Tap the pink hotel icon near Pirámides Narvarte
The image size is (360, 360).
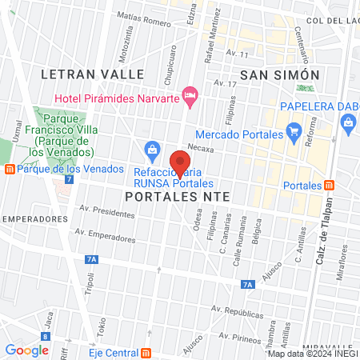pos(190,98)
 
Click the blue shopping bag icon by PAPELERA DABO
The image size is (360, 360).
pos(348,122)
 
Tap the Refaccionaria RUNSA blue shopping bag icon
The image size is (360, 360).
pos(151,149)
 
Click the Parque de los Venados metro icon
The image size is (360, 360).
pos(9,169)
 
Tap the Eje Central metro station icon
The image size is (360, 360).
pos(146,352)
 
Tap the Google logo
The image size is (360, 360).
pos(27,350)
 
